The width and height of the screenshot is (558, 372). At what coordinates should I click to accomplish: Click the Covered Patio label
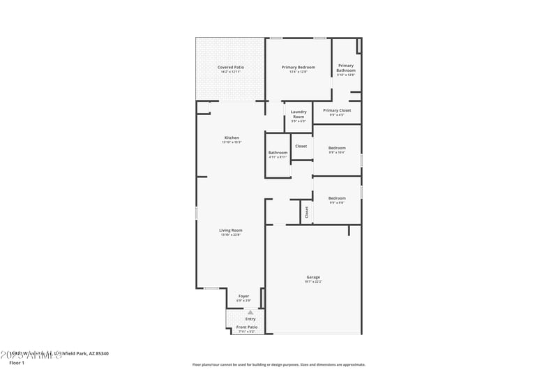[x=229, y=68]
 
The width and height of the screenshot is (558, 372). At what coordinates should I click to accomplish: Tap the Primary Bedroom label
[x=298, y=68]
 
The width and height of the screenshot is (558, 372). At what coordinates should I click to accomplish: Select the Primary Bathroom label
[x=346, y=68]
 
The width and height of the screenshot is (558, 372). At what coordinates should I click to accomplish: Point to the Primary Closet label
[x=337, y=110]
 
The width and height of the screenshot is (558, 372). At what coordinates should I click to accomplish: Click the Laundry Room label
[x=298, y=114]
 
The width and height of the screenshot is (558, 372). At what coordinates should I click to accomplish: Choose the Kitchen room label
[x=232, y=137]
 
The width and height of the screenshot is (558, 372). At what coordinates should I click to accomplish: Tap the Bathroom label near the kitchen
[x=278, y=152]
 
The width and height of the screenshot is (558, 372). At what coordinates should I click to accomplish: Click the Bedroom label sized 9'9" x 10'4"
[x=337, y=148]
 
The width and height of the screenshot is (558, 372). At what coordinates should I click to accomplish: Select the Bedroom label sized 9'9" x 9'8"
[x=337, y=198]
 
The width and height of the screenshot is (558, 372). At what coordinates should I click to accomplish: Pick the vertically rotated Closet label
[x=306, y=212]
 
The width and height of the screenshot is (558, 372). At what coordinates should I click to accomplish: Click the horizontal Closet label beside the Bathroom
[x=301, y=146]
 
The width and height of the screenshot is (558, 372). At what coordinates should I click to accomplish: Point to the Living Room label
[x=231, y=230]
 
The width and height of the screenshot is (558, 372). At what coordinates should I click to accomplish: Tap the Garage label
[x=313, y=277]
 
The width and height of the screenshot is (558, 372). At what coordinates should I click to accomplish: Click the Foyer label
[x=243, y=296]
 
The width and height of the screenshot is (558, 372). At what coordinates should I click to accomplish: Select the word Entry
[x=241, y=319]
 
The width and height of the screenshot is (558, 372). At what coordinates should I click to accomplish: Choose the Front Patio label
[x=246, y=327]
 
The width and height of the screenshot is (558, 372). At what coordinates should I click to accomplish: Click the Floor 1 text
[x=16, y=363]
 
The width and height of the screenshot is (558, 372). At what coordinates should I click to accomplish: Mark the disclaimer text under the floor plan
[x=278, y=364]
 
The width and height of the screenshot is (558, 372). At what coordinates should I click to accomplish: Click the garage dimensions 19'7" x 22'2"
[x=313, y=282]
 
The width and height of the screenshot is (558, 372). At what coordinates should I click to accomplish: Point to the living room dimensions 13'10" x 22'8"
[x=231, y=235]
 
